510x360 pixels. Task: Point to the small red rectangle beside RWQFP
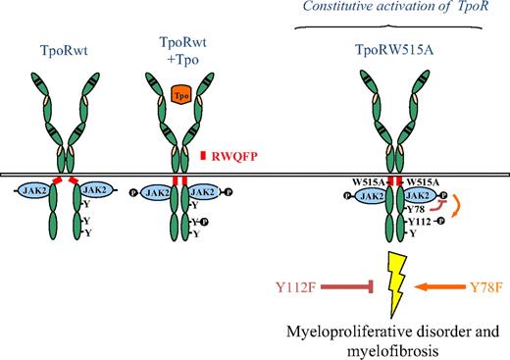pos(201,155)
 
